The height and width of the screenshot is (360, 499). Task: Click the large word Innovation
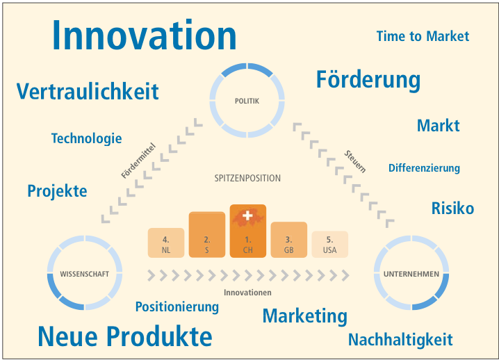click(144, 35)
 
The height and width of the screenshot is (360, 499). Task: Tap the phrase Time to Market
click(423, 36)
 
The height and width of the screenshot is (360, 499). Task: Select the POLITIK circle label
click(247, 101)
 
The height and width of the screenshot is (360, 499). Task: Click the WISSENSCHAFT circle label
click(85, 274)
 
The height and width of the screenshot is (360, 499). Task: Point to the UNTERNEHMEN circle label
click(411, 274)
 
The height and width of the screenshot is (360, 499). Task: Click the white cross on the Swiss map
click(247, 215)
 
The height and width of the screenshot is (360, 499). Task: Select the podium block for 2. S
click(207, 234)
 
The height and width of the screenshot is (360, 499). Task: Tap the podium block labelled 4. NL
click(166, 243)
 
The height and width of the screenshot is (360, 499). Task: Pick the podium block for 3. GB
click(288, 240)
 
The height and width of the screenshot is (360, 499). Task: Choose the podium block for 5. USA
click(329, 244)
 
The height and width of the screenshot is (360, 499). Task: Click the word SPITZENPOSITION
click(247, 178)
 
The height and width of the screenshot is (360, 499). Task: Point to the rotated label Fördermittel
click(138, 161)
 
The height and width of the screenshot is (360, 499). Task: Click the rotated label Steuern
click(355, 161)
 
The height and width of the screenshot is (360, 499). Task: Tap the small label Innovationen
click(247, 292)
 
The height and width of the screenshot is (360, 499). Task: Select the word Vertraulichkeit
click(88, 91)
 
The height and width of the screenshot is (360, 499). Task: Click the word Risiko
click(452, 208)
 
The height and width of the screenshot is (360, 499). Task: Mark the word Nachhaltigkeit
click(400, 340)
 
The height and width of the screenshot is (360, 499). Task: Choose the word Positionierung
click(177, 307)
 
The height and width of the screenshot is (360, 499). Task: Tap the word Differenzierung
click(424, 168)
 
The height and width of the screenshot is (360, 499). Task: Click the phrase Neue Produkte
click(125, 336)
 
